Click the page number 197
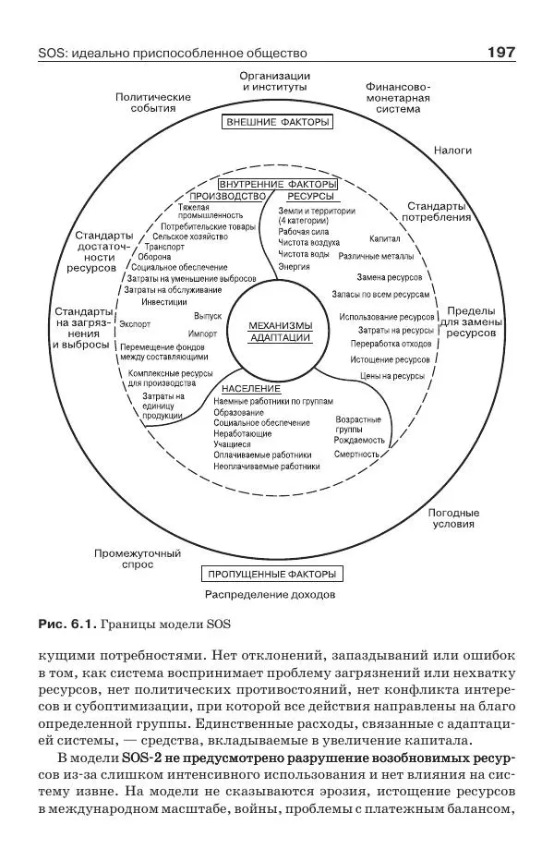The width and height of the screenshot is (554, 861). click(x=500, y=53)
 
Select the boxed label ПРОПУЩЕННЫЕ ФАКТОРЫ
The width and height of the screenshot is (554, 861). click(x=270, y=574)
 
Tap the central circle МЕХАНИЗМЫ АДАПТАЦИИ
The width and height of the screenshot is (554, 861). click(x=281, y=332)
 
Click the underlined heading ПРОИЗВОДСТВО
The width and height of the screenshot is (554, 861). click(x=227, y=197)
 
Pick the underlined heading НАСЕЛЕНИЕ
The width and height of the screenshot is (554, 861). click(x=251, y=389)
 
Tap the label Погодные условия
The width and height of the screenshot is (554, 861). click(x=453, y=518)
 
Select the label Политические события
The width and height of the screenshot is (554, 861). click(x=153, y=102)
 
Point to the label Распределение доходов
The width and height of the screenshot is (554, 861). click(x=270, y=595)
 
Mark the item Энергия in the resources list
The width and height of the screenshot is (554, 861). click(x=294, y=266)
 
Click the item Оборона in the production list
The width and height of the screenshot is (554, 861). click(x=154, y=257)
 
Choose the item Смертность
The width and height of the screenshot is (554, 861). click(x=358, y=455)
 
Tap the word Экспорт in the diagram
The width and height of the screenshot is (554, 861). click(x=135, y=324)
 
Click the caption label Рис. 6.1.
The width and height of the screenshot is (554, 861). click(x=66, y=624)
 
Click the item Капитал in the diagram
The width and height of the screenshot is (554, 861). click(x=385, y=237)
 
